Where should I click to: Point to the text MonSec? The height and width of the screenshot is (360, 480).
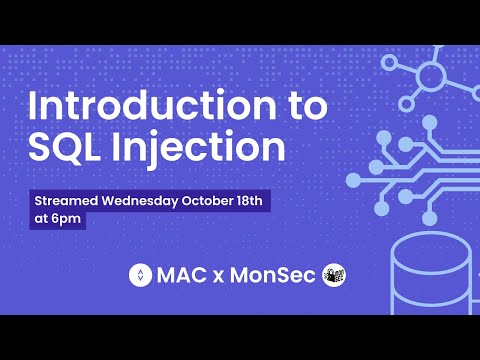coord(270,274)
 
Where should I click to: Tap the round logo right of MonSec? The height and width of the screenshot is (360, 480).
coord(334,274)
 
